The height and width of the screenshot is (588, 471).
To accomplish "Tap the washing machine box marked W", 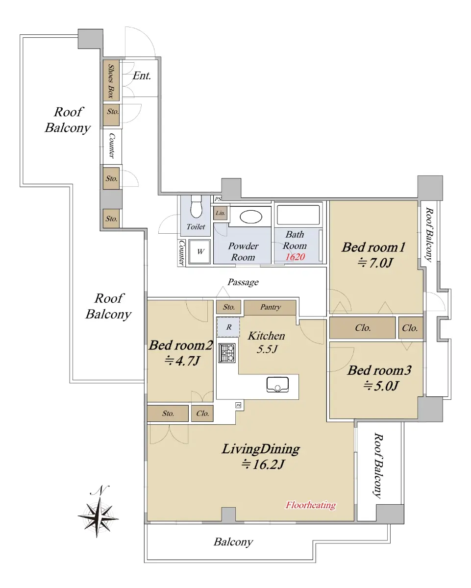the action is (199, 251).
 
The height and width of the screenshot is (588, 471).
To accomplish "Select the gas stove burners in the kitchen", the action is (226, 353).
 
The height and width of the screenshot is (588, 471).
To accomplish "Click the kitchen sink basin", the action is (277, 385).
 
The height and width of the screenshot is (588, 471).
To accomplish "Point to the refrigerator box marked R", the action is (228, 327).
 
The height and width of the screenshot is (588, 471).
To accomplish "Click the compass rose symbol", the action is (98, 516).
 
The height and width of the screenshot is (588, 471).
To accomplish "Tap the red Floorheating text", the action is (311, 505).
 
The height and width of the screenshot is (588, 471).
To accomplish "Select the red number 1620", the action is (295, 257).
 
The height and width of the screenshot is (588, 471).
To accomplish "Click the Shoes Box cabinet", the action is (111, 80).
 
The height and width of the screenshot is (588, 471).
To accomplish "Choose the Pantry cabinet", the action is (270, 307).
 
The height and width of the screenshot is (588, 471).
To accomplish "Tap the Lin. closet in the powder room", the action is (221, 213).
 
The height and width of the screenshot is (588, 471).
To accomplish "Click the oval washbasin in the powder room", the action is (250, 217).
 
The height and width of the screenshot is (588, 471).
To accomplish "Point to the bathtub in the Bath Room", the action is (298, 215).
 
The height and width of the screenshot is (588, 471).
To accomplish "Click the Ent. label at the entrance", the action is (142, 75).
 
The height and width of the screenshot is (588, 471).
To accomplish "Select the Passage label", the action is (243, 282).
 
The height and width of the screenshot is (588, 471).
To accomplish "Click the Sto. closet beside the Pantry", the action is (228, 307).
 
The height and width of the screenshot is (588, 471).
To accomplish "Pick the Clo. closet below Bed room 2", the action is (202, 414).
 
